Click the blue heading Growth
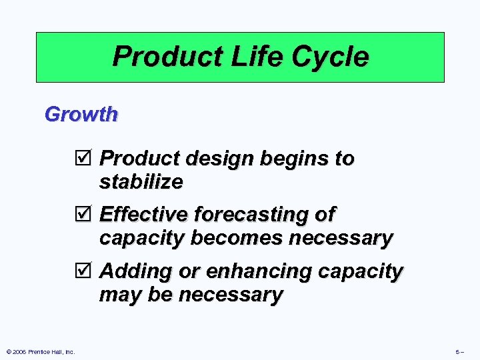click(81, 114)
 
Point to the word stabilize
click(141, 181)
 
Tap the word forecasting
click(253, 215)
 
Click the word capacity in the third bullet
click(361, 271)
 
